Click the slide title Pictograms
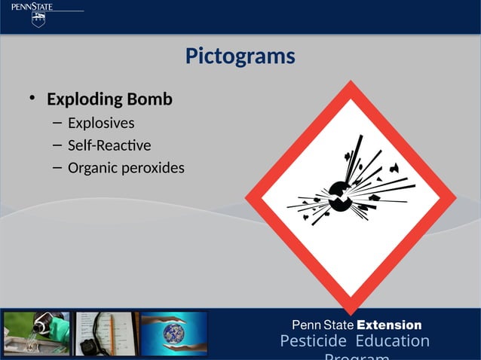240,56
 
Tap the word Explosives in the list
101,123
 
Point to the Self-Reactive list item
109,145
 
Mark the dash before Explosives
57,123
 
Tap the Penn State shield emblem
38,20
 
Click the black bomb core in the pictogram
340,198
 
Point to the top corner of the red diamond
350,85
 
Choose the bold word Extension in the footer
388,325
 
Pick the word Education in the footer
392,342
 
